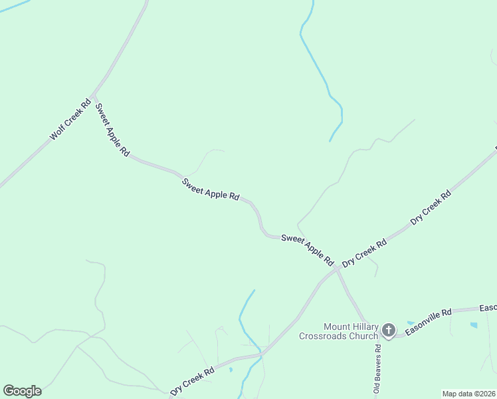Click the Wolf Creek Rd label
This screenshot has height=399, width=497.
coord(70,120)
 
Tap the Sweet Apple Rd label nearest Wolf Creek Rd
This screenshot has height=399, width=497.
coord(112,129)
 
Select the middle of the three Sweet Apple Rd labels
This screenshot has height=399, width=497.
coord(211,188)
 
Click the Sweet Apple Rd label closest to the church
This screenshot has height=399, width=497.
coord(307,248)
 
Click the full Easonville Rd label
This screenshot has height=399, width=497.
coord(429,321)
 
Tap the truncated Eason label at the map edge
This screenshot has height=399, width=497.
coord(488,307)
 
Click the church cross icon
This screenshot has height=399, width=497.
coord(389,330)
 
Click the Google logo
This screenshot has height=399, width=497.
coord(22,391)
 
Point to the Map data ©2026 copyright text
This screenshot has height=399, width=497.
coord(468,394)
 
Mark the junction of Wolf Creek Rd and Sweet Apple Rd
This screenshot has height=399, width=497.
coord(94,94)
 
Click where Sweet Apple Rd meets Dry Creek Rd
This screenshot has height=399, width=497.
coord(337,269)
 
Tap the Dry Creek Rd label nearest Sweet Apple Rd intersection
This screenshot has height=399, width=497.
coord(364,253)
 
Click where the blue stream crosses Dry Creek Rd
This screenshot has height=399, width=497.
coord(260,353)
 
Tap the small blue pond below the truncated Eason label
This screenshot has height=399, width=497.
coord(473,325)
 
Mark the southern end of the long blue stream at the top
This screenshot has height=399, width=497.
coord(330,141)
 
